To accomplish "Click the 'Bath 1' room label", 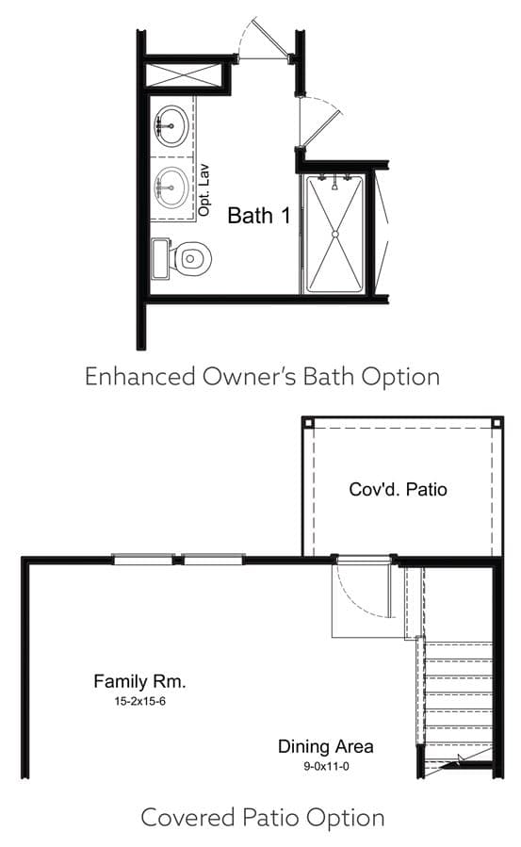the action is (x=259, y=216).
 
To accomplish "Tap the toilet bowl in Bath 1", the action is (x=191, y=259).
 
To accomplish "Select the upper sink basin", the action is (x=171, y=125).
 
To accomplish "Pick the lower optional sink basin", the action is (x=171, y=187).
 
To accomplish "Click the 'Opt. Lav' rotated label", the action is (x=204, y=190).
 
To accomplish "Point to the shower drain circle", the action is (x=334, y=234).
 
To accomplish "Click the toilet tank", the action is (x=160, y=259).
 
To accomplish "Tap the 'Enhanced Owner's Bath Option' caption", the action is (x=263, y=376).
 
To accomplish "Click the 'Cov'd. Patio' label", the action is (x=398, y=489).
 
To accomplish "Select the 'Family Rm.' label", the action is (x=139, y=681).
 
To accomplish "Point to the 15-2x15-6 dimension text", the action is (x=139, y=702).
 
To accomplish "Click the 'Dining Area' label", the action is (x=326, y=746).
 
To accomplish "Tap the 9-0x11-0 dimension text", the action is (x=326, y=766).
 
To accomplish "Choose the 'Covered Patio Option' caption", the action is (x=263, y=817).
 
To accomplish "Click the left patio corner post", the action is (x=308, y=423).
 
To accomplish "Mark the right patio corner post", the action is (x=497, y=423).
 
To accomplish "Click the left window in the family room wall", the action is (x=143, y=560).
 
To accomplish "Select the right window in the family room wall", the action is (x=214, y=560).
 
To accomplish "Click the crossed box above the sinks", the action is (x=184, y=75).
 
